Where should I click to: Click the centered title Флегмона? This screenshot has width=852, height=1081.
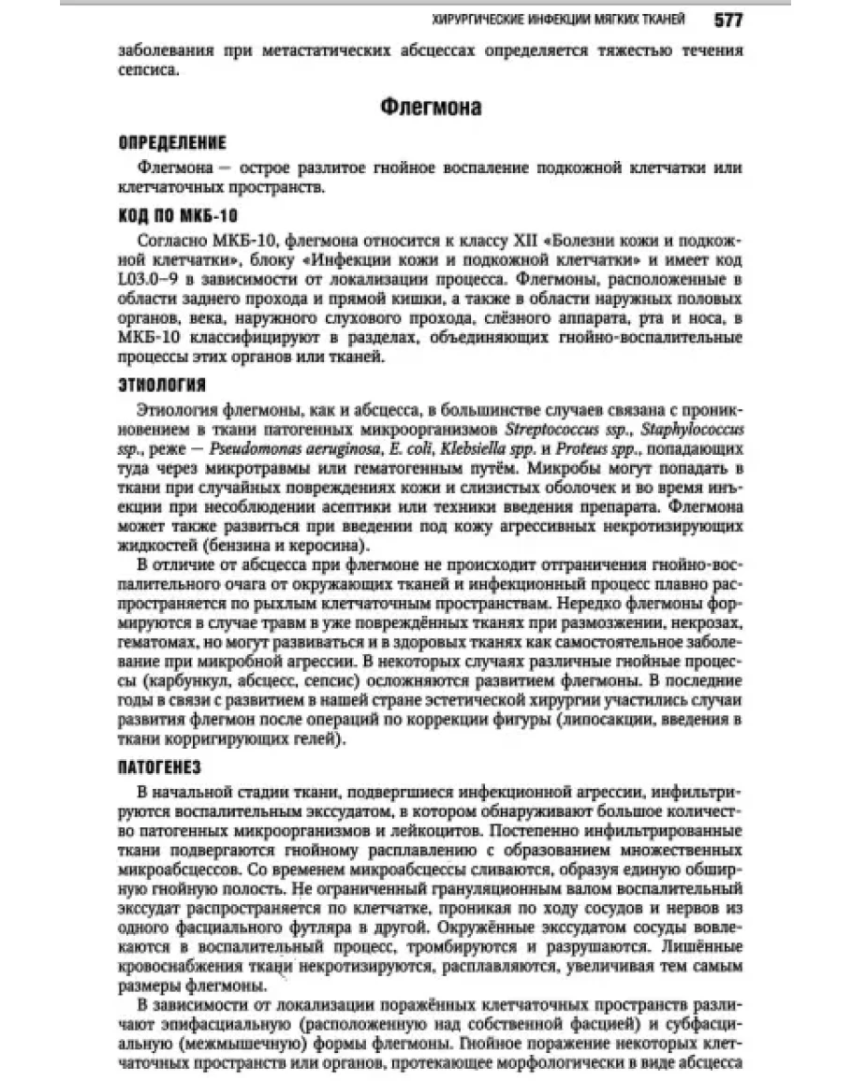click(432, 108)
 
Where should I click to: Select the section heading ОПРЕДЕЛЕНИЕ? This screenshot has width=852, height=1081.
click(173, 143)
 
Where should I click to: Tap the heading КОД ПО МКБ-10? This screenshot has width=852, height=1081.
click(179, 214)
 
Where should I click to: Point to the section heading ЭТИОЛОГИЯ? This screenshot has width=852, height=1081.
click(163, 385)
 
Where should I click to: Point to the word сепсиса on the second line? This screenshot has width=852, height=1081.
click(148, 70)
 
